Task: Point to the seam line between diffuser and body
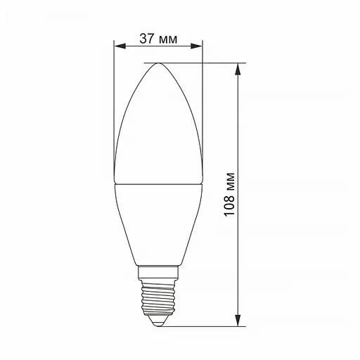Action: coord(158,184)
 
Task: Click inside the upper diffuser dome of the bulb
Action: coord(158,127)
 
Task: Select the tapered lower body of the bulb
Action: coord(158,225)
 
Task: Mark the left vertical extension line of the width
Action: coord(114,105)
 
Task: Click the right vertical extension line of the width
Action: coord(203,105)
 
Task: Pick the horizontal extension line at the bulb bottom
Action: coord(211,326)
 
